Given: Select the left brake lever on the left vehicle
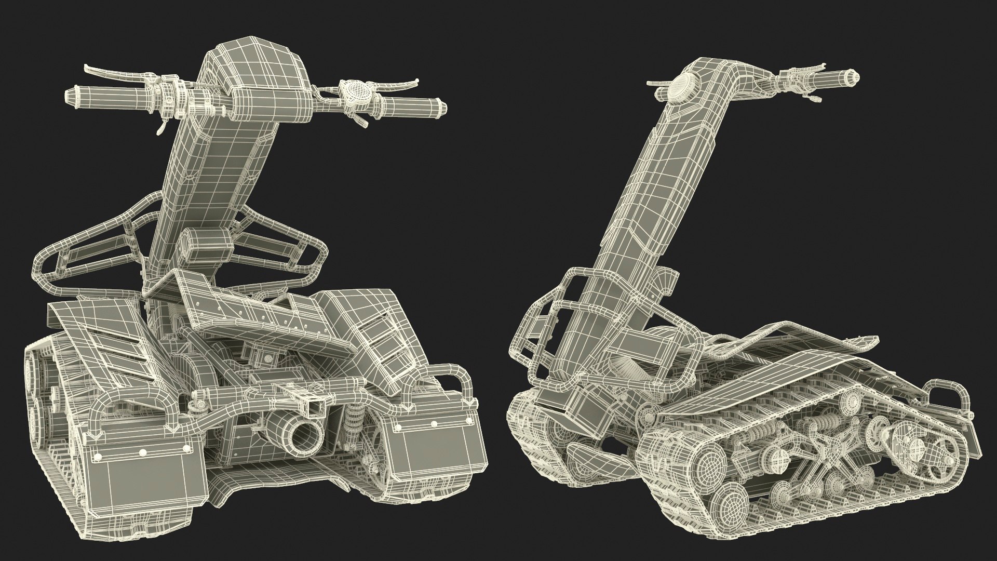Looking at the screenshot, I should click(x=104, y=72).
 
